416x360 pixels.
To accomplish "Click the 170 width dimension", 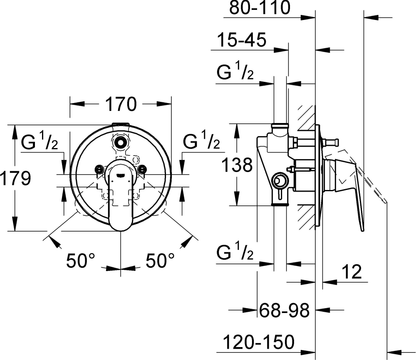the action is pos(121,104).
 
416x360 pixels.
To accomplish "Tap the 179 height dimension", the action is pos(16,178).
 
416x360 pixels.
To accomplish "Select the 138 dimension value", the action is pos(237,165).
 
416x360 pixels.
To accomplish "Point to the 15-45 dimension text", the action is pos(241,40).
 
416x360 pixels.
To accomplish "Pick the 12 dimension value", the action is pos(352,272).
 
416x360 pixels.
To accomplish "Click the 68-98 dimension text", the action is pos(284,311).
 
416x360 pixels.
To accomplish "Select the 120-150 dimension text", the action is pos(259,342).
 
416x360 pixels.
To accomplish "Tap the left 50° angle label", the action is pos(80,260).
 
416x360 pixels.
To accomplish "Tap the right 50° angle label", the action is pos(160,260).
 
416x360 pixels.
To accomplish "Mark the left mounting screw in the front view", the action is pos(100,168).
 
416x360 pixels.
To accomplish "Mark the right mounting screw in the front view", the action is pos(142,168).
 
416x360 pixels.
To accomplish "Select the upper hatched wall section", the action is pos(307,118).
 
